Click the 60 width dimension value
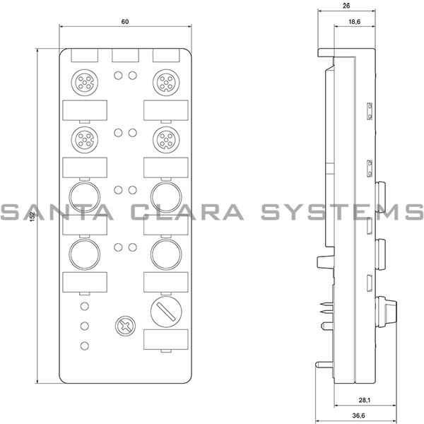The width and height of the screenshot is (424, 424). (124, 22)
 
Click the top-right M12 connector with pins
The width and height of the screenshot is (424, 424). (167, 81)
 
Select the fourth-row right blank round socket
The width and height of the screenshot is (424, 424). (167, 252)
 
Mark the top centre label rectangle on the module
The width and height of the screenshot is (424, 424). (124, 54)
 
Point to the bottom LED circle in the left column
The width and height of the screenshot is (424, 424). (85, 346)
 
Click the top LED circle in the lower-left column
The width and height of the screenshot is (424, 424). (85, 306)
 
